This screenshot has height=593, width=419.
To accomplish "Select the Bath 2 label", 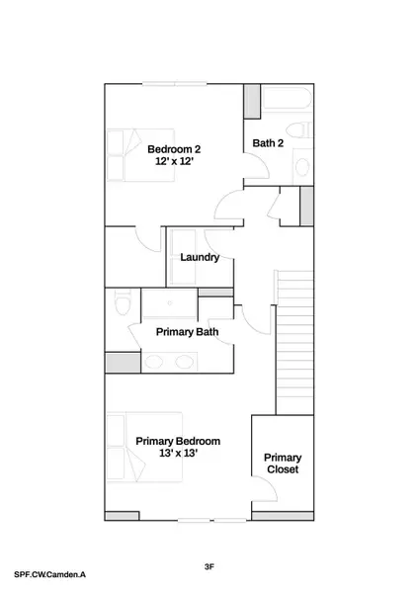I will point(268,143).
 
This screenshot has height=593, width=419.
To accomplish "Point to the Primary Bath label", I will point(187,332).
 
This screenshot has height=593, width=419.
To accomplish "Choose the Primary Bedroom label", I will point(178,441).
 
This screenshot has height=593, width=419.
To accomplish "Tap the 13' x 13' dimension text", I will point(178,454).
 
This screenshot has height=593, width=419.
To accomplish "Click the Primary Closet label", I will point(283,464).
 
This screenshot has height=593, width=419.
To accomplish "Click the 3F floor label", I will point(209,566).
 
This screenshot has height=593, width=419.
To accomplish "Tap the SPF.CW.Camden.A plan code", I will point(49,572).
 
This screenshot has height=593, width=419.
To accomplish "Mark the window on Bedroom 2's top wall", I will point(175,83).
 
